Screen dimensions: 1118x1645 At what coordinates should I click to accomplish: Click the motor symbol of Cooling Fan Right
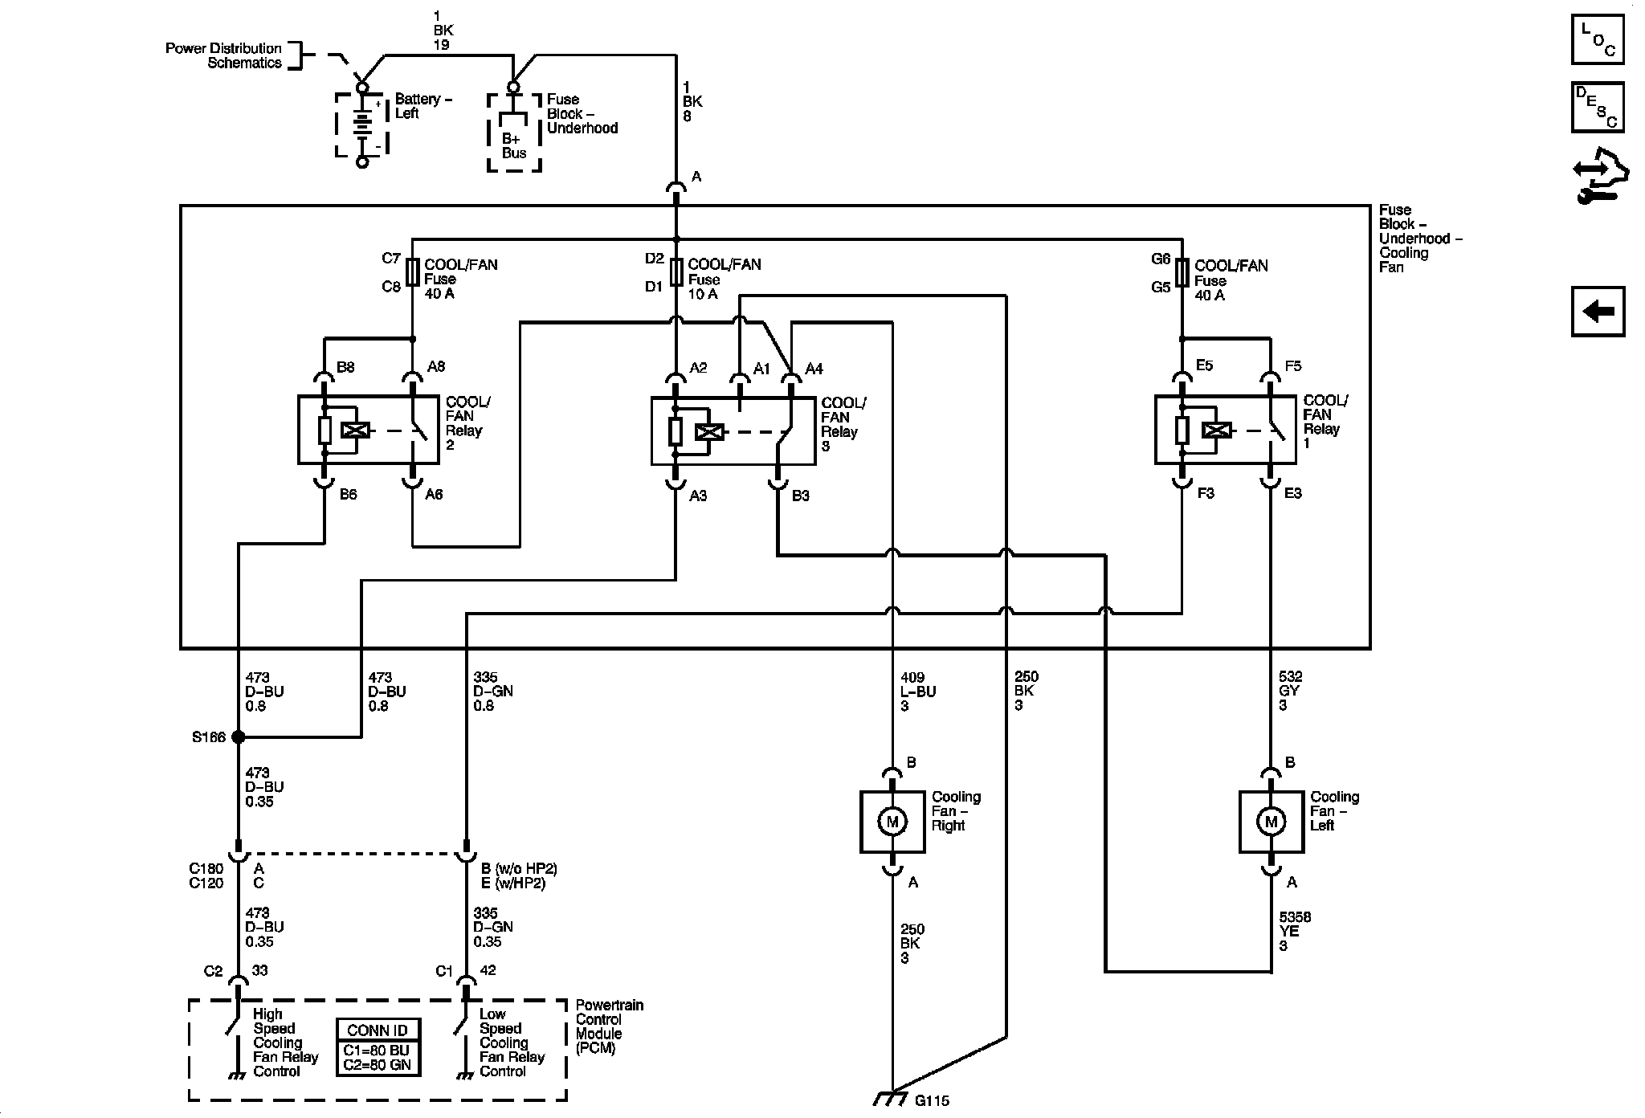[x=892, y=822]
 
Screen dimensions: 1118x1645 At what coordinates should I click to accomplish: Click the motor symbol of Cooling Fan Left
[x=1271, y=822]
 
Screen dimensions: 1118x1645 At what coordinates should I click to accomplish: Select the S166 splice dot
[x=238, y=736]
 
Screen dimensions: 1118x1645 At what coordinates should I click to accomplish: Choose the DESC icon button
[x=1598, y=107]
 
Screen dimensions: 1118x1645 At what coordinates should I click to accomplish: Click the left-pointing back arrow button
[x=1598, y=311]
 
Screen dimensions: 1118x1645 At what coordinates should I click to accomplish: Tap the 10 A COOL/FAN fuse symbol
[x=676, y=272]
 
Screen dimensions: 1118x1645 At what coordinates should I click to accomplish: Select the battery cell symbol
[x=362, y=125]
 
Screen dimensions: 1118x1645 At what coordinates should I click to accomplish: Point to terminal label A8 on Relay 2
[x=436, y=367]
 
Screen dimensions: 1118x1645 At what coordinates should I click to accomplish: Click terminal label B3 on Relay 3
[x=801, y=496]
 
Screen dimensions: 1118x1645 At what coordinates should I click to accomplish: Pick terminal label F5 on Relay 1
[x=1292, y=366]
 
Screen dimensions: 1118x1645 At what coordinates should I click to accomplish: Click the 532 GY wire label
[x=1290, y=692]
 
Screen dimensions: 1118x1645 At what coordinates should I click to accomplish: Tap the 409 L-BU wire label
[x=918, y=692]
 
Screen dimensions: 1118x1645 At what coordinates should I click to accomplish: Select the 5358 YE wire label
[x=1295, y=932]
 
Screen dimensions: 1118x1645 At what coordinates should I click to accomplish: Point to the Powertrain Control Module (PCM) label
[x=609, y=1026]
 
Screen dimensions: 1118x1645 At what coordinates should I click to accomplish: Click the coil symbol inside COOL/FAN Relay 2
[x=355, y=430]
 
